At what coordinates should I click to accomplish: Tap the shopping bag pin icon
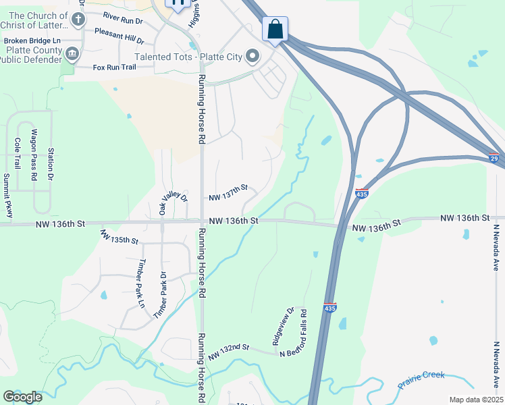click(x=275, y=29)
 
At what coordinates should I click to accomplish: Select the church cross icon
click(x=78, y=20)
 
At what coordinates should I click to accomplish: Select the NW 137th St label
click(x=228, y=192)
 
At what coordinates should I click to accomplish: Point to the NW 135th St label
click(x=119, y=236)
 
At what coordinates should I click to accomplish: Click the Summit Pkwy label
click(x=7, y=195)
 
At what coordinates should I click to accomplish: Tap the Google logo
click(x=22, y=397)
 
